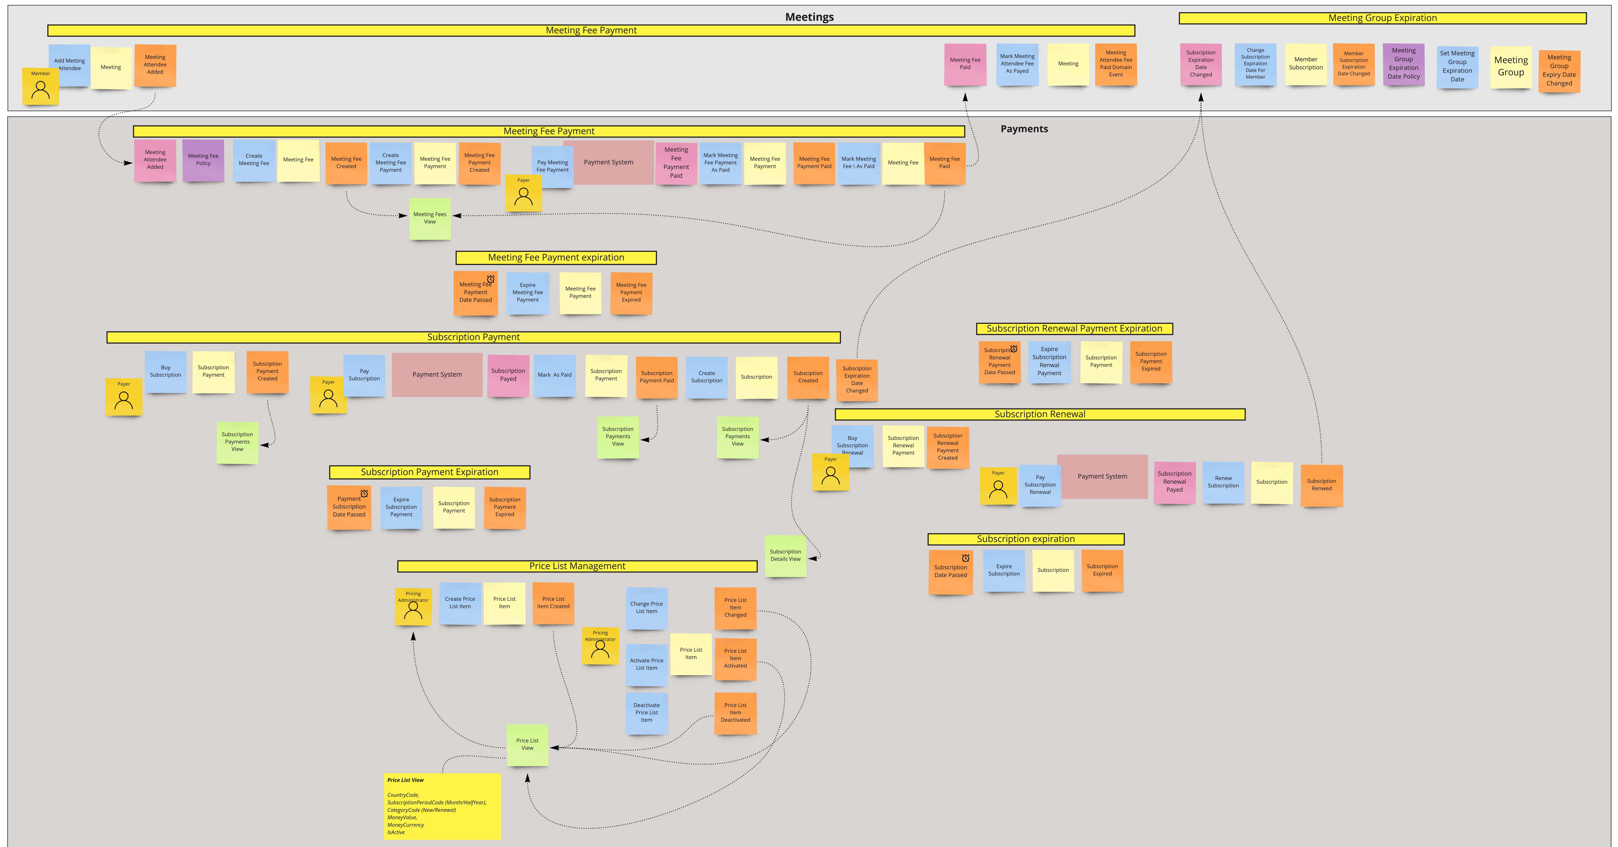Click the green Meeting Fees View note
[430, 218]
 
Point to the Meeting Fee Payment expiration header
[556, 258]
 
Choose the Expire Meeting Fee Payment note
[528, 293]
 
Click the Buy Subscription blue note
[165, 371]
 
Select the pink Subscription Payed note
[508, 375]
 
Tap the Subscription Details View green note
[785, 555]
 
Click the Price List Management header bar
[577, 566]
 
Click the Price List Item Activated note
[735, 658]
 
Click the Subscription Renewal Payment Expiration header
[1074, 329]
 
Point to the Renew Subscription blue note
[1223, 482]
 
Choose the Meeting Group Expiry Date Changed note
[1559, 70]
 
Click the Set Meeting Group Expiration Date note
[1457, 67]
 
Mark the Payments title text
[1024, 129]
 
